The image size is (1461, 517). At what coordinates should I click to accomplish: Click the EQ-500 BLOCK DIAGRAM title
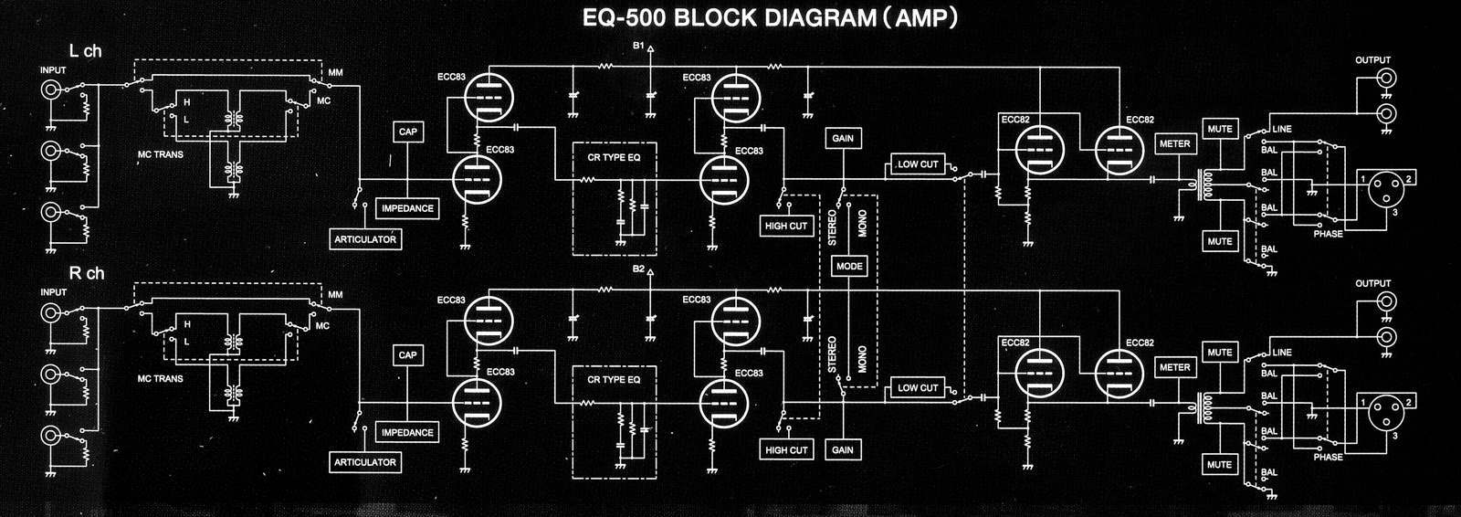770,19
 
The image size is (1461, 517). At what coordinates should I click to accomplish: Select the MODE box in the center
848,267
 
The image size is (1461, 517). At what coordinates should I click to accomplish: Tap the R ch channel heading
87,273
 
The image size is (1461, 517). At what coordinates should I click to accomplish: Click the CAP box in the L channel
407,132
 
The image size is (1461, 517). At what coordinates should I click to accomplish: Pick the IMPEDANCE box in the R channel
406,432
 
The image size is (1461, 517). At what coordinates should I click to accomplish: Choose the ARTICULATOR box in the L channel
364,239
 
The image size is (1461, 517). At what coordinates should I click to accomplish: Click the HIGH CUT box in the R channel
786,449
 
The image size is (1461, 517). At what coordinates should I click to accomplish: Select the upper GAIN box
842,139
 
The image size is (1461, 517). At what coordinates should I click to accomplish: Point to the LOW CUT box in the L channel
917,164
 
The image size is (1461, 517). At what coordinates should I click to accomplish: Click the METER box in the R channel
1174,367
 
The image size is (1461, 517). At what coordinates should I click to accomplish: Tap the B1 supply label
637,46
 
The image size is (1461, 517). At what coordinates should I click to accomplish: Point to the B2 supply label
637,269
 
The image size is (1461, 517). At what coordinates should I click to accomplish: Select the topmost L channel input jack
50,90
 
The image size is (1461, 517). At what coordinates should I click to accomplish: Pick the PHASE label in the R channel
1328,457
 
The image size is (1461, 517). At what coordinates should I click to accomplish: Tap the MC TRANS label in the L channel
160,154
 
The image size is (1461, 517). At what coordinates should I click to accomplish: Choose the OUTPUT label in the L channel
1372,60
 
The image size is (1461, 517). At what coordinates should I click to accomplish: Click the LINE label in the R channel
1282,353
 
